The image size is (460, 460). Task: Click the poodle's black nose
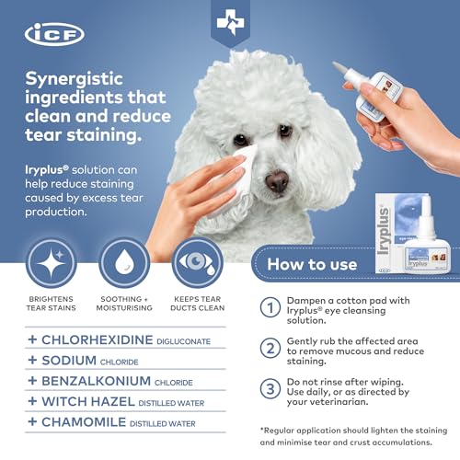click(276, 180)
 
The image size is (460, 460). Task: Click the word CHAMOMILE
click(84, 422)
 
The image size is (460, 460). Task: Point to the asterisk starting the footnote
click(262, 430)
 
